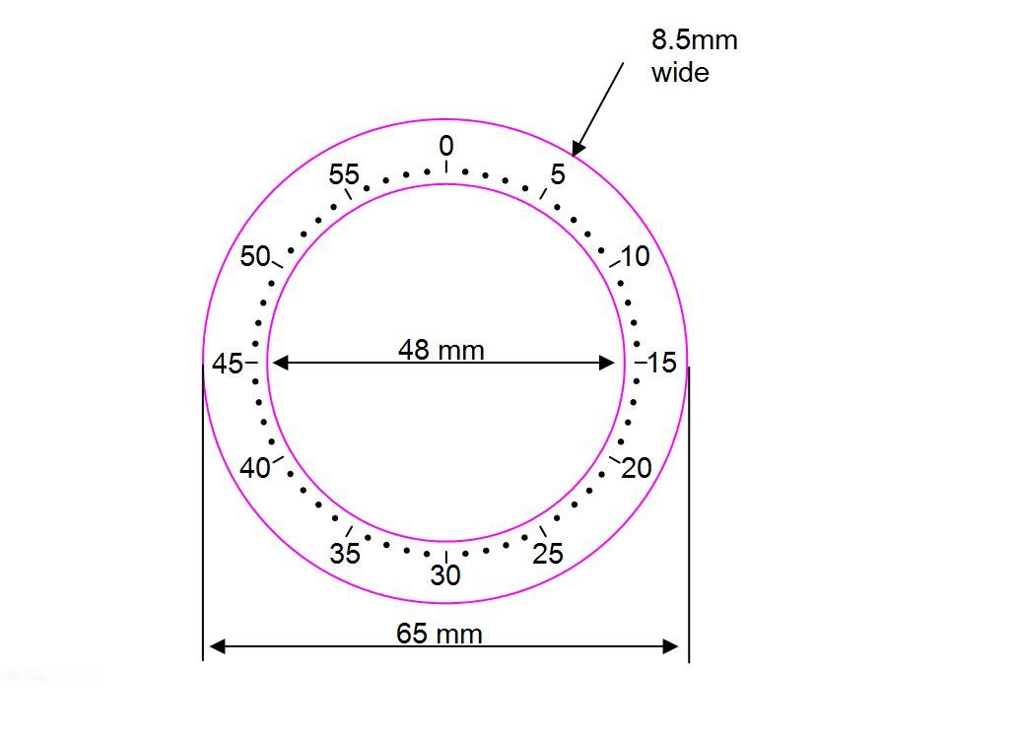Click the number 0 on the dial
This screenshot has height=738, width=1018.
446,146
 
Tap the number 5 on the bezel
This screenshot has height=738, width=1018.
558,174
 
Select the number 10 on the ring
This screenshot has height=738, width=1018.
635,256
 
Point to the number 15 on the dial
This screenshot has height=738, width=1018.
661,363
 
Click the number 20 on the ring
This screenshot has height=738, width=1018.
637,468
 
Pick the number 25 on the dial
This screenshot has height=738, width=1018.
548,554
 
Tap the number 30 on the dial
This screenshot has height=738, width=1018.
445,575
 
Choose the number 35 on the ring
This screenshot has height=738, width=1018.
344,554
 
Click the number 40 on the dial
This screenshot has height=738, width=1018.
254,468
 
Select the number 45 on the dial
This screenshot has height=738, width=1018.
228,365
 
